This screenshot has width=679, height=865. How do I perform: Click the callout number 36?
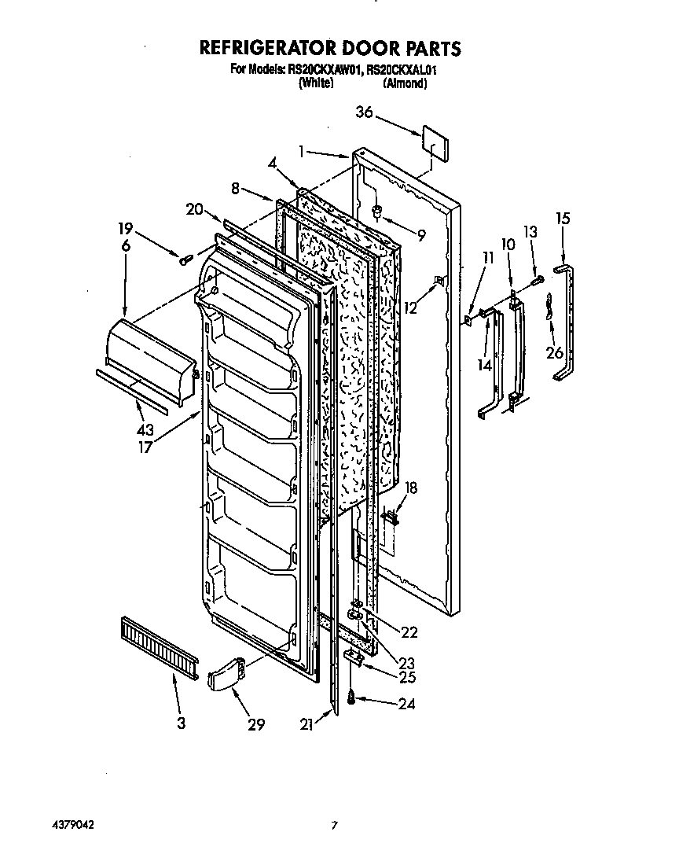[363, 112]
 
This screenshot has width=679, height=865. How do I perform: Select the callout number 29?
[256, 724]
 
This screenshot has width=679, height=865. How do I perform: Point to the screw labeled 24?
[352, 696]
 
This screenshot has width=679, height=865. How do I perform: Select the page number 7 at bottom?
[334, 825]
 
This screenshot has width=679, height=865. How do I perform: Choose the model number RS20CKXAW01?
[324, 70]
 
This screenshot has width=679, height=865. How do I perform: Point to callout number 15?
[562, 218]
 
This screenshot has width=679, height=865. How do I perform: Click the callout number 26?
[555, 352]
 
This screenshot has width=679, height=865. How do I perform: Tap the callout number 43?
[145, 430]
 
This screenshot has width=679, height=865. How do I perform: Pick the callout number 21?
[306, 725]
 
